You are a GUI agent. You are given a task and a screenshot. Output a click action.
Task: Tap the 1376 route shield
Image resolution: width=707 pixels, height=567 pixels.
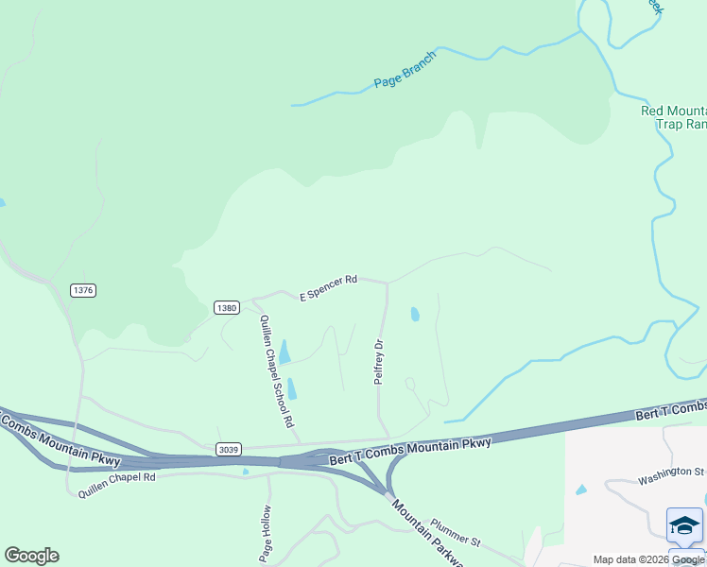click(x=83, y=290)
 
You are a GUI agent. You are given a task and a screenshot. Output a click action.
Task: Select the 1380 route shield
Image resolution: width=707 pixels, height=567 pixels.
click(x=226, y=308)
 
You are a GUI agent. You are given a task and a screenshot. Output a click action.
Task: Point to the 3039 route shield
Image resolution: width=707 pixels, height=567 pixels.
click(x=227, y=448)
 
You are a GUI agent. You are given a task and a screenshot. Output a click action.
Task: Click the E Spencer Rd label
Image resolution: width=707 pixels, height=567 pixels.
click(x=329, y=287)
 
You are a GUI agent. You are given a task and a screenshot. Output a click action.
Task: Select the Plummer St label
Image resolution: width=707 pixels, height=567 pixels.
click(x=456, y=532)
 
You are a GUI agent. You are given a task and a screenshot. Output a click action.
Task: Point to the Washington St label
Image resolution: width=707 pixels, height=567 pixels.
click(x=671, y=474)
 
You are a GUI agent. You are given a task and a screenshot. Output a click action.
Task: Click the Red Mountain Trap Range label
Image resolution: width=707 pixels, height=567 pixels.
click(x=674, y=117)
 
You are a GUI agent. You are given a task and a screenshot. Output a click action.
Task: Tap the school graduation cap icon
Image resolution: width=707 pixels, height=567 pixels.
click(x=684, y=525)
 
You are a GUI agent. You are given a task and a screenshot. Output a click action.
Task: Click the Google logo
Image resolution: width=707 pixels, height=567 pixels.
click(x=31, y=556)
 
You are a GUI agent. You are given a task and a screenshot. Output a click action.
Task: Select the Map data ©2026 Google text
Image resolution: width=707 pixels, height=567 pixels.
click(x=649, y=559)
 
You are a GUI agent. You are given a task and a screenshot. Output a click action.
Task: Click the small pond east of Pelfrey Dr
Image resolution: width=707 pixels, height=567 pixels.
click(x=415, y=314)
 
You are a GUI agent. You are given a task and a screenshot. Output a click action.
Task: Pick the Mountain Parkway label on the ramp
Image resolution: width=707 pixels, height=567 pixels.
click(x=427, y=535)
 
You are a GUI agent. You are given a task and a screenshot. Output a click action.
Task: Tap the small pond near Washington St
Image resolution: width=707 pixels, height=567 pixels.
click(x=580, y=490)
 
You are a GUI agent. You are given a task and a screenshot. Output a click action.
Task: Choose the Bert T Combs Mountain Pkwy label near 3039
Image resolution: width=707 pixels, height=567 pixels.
click(x=410, y=451)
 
